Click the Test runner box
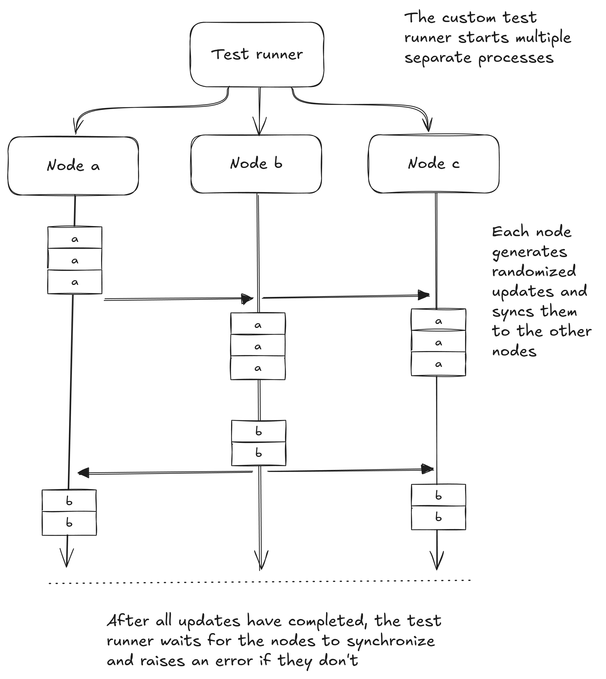pos(257,55)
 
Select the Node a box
pos(73,166)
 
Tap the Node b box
pos(256,164)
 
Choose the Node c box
pos(434,164)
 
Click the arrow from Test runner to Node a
pos(150,107)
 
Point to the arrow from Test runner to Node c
pos(360,105)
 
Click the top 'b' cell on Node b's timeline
pos(259,431)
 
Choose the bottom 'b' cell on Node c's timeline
pos(438,517)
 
